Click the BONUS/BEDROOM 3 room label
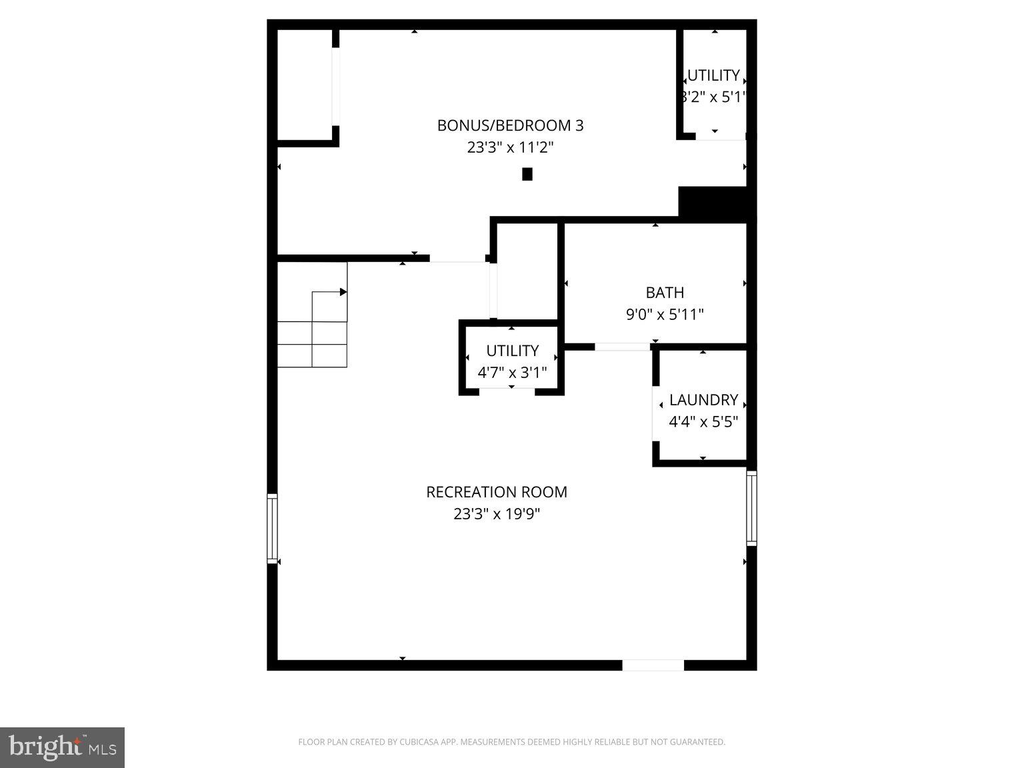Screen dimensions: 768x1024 (510, 125)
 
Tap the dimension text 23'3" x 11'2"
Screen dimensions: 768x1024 (510, 147)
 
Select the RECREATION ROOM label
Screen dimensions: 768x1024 (497, 492)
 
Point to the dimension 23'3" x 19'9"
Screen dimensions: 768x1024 (497, 514)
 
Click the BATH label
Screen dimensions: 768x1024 (665, 293)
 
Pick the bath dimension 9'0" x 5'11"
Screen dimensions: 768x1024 (665, 314)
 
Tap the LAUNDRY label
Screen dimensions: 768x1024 (703, 400)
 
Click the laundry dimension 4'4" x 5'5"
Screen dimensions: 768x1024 (703, 421)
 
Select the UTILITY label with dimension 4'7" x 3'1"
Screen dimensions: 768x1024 (512, 351)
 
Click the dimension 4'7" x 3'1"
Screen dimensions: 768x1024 (512, 372)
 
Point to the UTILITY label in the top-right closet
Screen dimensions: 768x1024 (713, 75)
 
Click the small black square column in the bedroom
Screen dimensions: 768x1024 (527, 174)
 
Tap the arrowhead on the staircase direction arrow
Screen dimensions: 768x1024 (343, 292)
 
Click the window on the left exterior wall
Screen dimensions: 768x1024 (272, 528)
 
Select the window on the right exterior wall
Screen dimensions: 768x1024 (751, 508)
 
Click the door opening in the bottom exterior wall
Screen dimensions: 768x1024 (653, 665)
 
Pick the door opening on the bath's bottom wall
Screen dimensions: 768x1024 (621, 347)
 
